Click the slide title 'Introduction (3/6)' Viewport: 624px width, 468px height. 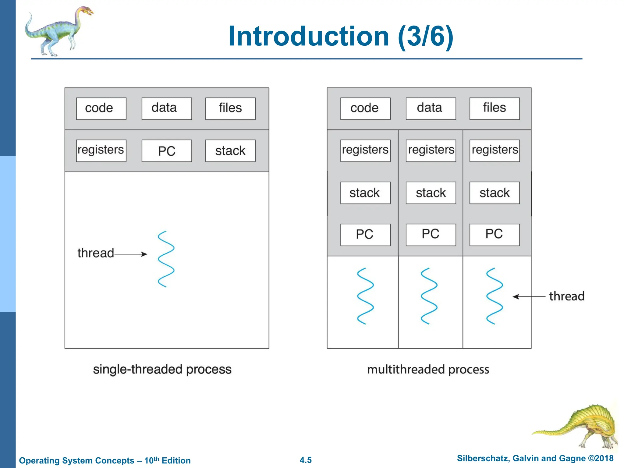pyautogui.click(x=341, y=37)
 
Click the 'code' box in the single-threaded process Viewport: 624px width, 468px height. pyautogui.click(x=101, y=108)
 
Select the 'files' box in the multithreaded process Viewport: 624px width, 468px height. pyautogui.click(x=494, y=108)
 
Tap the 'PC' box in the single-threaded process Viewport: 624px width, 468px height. pyautogui.click(x=167, y=151)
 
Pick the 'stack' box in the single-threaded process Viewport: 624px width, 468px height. pyautogui.click(x=230, y=151)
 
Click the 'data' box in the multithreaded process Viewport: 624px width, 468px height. pyautogui.click(x=431, y=108)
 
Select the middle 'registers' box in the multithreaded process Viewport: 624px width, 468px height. pyautogui.click(x=431, y=151)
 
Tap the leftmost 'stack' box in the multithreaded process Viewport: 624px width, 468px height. pyautogui.click(x=365, y=193)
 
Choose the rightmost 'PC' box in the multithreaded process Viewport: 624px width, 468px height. pyautogui.click(x=494, y=235)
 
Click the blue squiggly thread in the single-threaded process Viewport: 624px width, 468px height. pyautogui.click(x=166, y=259)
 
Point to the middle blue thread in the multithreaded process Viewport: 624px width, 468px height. pyautogui.click(x=429, y=296)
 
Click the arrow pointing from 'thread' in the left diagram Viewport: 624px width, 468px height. pyautogui.click(x=131, y=254)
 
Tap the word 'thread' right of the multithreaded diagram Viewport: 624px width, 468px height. pyautogui.click(x=566, y=296)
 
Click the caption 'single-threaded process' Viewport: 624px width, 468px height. pyautogui.click(x=162, y=369)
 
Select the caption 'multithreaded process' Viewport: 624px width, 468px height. pyautogui.click(x=428, y=369)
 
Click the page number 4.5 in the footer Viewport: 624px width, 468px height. pyautogui.click(x=306, y=460)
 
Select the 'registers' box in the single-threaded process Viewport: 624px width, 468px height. pyautogui.click(x=101, y=151)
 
